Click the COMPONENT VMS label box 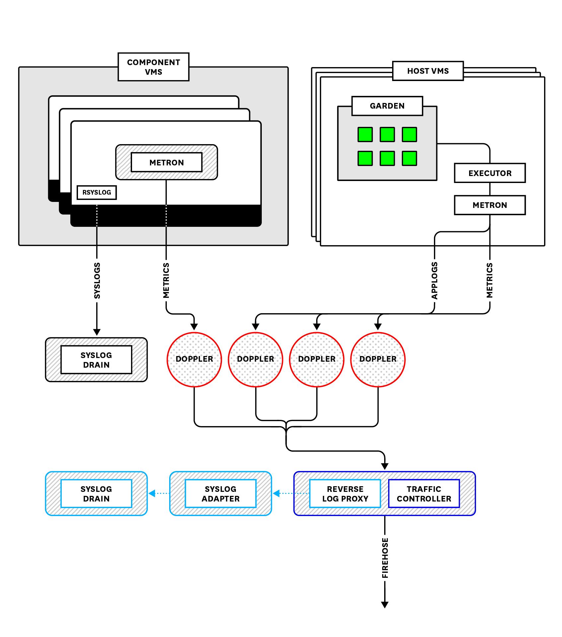click(x=153, y=67)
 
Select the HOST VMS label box click(x=428, y=71)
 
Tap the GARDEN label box click(x=387, y=106)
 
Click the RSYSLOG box click(x=97, y=192)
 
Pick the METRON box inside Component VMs click(x=167, y=162)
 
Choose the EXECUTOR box click(x=490, y=173)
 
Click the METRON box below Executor click(x=490, y=205)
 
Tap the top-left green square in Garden click(x=365, y=135)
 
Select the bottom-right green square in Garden click(x=409, y=158)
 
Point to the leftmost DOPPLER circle click(x=194, y=359)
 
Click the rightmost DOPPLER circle click(x=378, y=359)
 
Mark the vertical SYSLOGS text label click(x=97, y=281)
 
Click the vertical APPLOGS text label click(x=434, y=281)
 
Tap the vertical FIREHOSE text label click(x=385, y=558)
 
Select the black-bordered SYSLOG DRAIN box click(x=96, y=360)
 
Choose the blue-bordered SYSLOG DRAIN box click(x=96, y=494)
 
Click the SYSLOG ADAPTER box click(x=221, y=494)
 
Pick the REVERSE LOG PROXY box click(x=345, y=494)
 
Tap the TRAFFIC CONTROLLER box click(x=424, y=494)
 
